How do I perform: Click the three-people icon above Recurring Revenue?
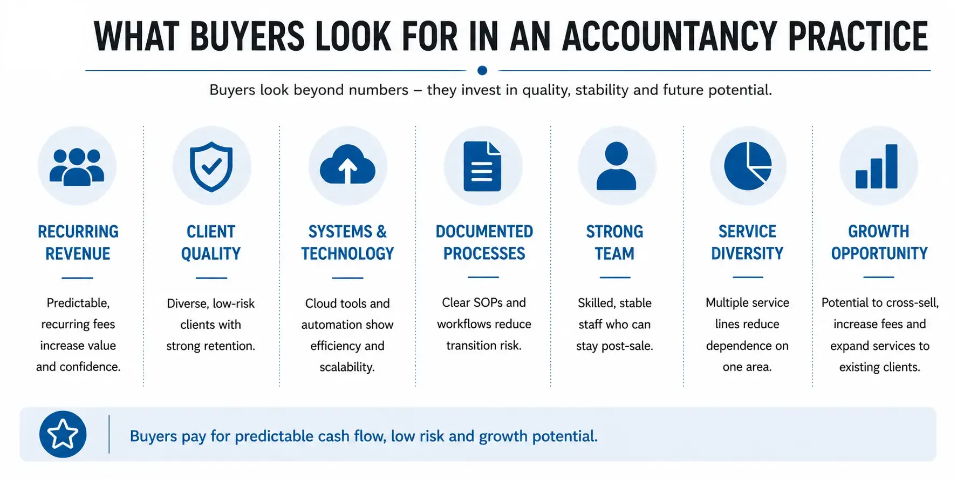point(77,167)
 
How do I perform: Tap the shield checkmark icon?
point(211,166)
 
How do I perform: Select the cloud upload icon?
point(347,164)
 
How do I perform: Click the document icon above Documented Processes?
point(482,166)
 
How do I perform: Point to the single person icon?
point(616,166)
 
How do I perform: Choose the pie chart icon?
point(748,166)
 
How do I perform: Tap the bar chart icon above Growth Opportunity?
point(877,166)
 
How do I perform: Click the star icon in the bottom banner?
point(63,434)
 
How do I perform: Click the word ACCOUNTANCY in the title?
point(669,37)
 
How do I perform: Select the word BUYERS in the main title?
point(248,37)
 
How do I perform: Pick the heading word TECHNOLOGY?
point(347,253)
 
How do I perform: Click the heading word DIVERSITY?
point(747,253)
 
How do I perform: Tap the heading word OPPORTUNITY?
point(879,253)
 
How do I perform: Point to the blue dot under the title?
point(482,70)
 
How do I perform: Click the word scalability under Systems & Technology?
point(347,367)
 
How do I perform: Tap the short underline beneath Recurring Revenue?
point(77,278)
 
